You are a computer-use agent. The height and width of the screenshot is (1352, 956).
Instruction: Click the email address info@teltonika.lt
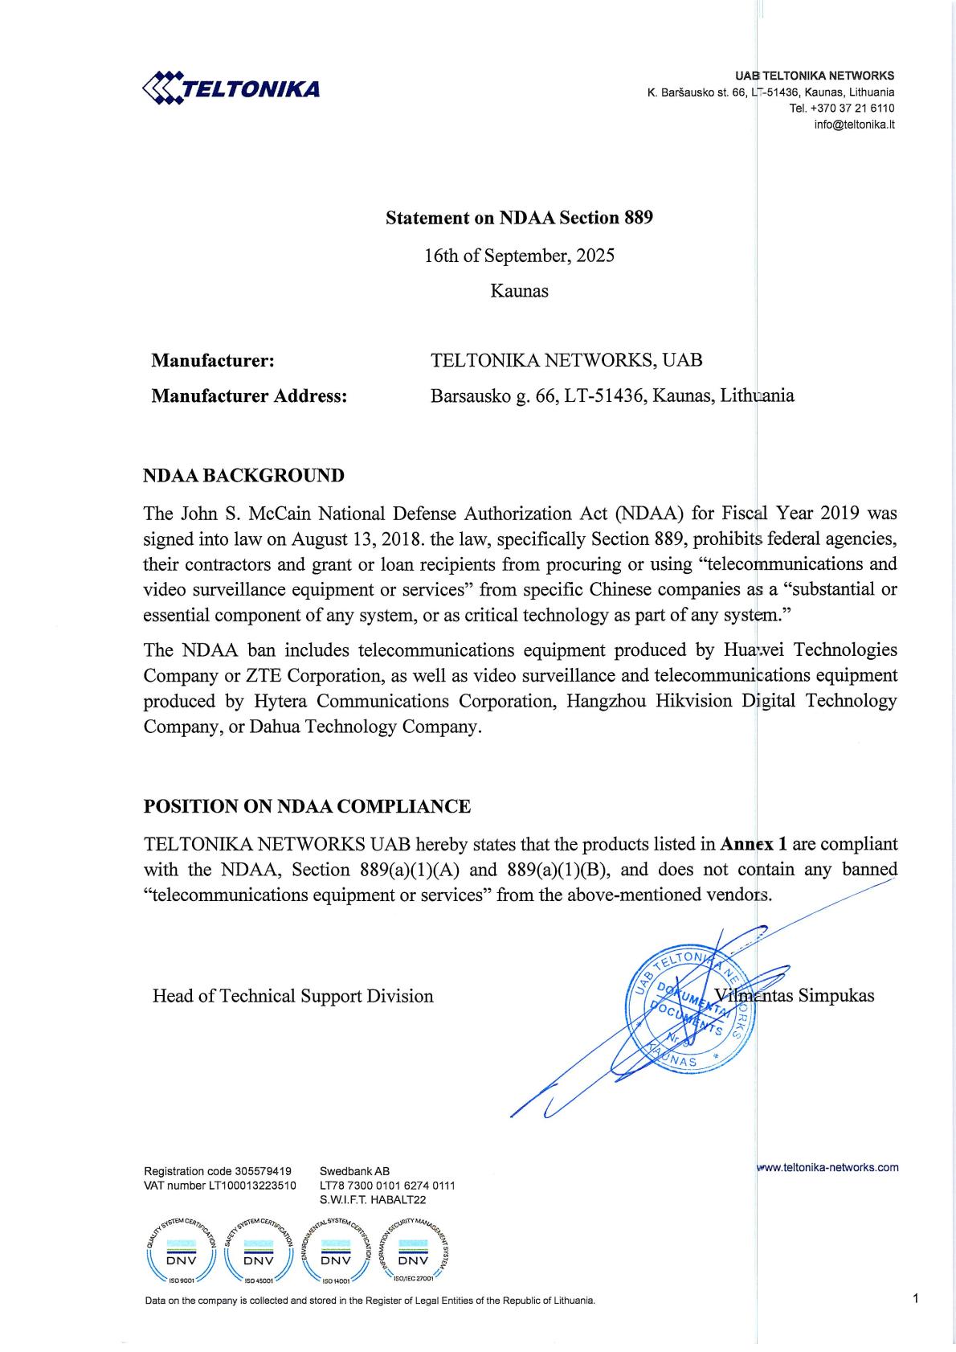(854, 124)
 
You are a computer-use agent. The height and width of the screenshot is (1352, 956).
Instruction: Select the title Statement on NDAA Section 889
(519, 218)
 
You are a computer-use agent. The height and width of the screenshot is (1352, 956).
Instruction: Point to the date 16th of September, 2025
(519, 256)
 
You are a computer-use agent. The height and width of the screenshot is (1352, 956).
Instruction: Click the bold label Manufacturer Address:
(249, 395)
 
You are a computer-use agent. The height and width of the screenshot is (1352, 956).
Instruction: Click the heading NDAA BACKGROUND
(243, 475)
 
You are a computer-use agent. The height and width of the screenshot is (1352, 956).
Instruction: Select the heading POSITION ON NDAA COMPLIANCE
(307, 806)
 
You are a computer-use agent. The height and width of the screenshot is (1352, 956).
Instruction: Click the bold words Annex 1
(754, 844)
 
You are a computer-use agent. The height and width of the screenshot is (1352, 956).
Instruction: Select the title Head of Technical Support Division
(292, 996)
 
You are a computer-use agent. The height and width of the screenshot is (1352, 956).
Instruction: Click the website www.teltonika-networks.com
(828, 1167)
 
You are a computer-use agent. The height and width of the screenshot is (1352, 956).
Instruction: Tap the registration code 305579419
(263, 1171)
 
